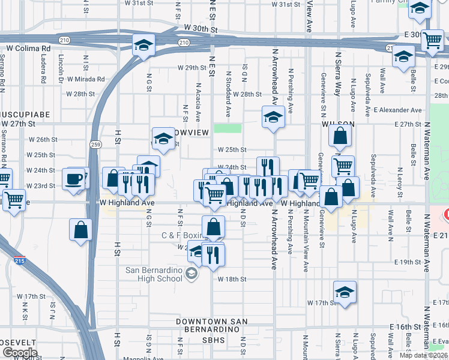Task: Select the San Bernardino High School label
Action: tap(154, 274)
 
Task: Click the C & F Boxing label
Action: tap(182, 235)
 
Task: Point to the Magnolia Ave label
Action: tap(143, 358)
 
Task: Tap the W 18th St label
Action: tap(232, 280)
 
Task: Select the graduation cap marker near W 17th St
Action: tap(345, 293)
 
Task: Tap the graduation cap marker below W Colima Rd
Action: tap(143, 46)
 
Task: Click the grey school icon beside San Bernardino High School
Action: tap(191, 274)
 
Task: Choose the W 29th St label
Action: tap(191, 68)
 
